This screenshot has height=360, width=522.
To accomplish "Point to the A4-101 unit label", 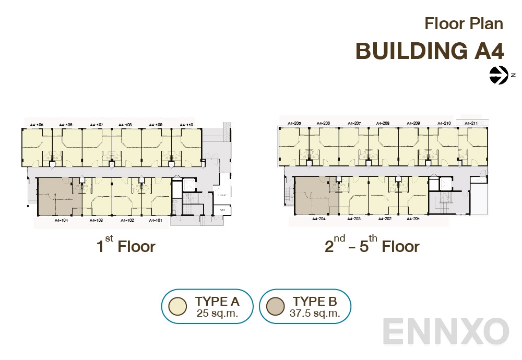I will [x=156, y=221].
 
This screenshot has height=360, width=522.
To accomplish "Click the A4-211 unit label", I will [x=471, y=124].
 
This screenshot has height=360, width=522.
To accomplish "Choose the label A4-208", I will [x=383, y=124].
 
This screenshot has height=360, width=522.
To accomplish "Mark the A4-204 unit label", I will [x=319, y=219].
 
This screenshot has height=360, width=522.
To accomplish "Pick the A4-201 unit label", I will [x=413, y=219].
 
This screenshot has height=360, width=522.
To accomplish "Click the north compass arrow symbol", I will [x=499, y=75].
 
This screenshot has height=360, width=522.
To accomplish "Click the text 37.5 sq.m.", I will [x=315, y=314].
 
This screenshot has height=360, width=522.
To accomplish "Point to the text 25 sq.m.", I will [x=217, y=314].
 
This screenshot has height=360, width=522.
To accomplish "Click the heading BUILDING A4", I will [x=430, y=51].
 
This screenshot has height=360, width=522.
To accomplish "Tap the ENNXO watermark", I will [x=446, y=331].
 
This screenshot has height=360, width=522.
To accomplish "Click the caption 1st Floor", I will [x=126, y=245].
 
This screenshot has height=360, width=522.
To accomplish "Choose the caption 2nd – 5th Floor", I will [x=372, y=245].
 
